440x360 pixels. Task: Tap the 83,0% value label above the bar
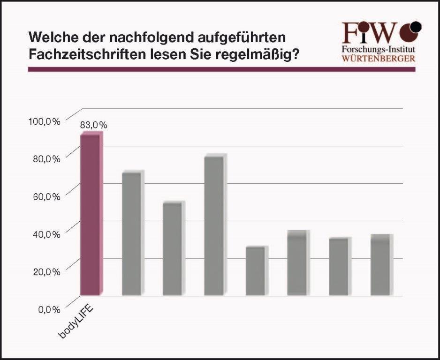point(94,125)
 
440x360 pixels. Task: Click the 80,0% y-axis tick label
point(46,159)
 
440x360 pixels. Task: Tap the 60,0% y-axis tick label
point(46,196)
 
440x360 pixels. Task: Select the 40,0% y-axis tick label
point(46,234)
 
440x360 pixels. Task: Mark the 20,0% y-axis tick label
point(46,271)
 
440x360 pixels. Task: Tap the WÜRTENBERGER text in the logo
point(378,59)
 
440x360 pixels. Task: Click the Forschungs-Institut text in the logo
point(378,49)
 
